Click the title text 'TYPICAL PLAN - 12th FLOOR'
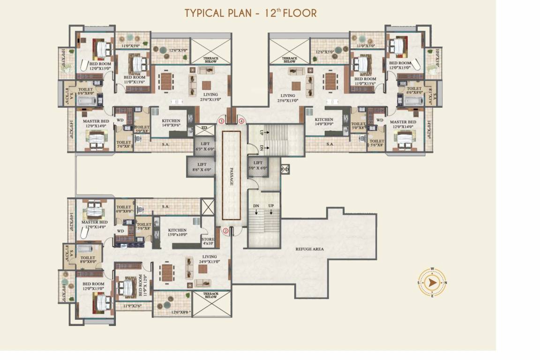pyautogui.click(x=250, y=13)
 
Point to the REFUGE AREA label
pyautogui.click(x=309, y=249)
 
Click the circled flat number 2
pyautogui.click(x=225, y=231)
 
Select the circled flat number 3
pyautogui.click(x=220, y=121)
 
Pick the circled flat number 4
pyautogui.click(x=241, y=121)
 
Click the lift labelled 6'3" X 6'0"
pyautogui.click(x=204, y=146)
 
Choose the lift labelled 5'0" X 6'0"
pyautogui.click(x=257, y=165)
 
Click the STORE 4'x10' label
pyautogui.click(x=208, y=241)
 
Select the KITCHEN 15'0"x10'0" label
pyautogui.click(x=177, y=232)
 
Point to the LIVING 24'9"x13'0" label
pyautogui.click(x=209, y=259)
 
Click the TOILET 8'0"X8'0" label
pyautogui.click(x=88, y=260)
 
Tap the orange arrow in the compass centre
pyautogui.click(x=432, y=283)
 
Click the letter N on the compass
pyautogui.click(x=446, y=283)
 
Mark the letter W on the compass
pyautogui.click(x=432, y=269)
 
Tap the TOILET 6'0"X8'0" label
pyautogui.click(x=124, y=209)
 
